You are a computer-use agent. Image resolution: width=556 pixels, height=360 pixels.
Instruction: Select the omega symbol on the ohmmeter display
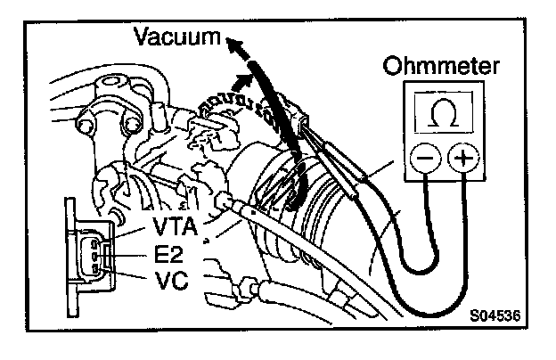442,113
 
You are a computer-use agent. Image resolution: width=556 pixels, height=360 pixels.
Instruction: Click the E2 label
169,253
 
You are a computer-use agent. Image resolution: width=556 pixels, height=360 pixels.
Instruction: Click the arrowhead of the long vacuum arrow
233,44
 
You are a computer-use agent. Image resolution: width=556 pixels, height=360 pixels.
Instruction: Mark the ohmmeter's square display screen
442,113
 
